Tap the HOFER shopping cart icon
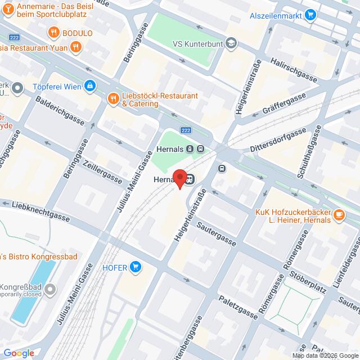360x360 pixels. click(x=135, y=267)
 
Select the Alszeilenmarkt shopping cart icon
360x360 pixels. click(x=310, y=15)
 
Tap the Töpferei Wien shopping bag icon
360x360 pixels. click(x=89, y=85)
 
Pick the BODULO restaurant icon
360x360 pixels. click(x=54, y=32)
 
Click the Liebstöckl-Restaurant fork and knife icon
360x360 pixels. click(x=113, y=100)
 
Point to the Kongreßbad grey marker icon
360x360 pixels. click(x=51, y=290)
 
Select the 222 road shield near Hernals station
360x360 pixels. click(x=186, y=130)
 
